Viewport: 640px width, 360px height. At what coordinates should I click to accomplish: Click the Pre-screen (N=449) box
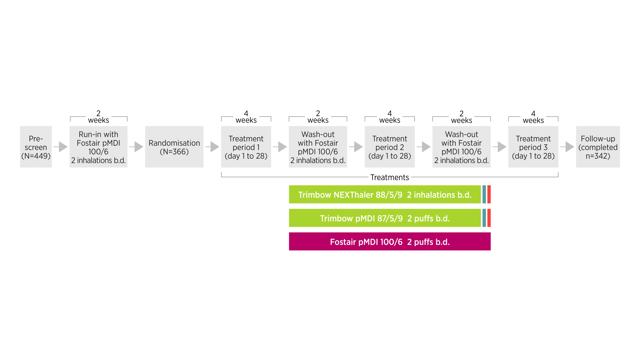pyautogui.click(x=36, y=147)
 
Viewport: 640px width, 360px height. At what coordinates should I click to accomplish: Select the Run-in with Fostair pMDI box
pyautogui.click(x=98, y=147)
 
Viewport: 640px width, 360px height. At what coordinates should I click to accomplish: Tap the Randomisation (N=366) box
pyautogui.click(x=174, y=147)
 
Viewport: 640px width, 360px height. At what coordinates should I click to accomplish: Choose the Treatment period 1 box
pyautogui.click(x=246, y=147)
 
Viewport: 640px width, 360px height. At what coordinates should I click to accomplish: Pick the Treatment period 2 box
pyautogui.click(x=390, y=147)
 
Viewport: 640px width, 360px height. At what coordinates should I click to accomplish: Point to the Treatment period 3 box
pyautogui.click(x=533, y=147)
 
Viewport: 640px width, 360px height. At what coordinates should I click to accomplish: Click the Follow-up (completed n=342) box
pyautogui.click(x=598, y=147)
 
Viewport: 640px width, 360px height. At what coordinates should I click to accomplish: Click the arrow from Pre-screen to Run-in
pyautogui.click(x=61, y=147)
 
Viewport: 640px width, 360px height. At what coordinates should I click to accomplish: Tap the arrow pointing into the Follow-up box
pyautogui.click(x=567, y=147)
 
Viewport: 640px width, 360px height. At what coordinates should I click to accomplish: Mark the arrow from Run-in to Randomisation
pyautogui.click(x=137, y=147)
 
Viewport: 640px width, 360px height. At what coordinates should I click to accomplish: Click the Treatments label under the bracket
pyautogui.click(x=390, y=177)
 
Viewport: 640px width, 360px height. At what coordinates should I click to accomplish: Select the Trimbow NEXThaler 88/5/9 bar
pyautogui.click(x=385, y=194)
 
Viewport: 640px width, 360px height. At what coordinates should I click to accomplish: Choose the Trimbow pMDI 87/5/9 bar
pyautogui.click(x=385, y=218)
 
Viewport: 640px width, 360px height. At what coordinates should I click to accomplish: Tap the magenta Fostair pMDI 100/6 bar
pyautogui.click(x=390, y=242)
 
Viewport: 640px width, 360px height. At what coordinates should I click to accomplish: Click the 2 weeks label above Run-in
pyautogui.click(x=98, y=117)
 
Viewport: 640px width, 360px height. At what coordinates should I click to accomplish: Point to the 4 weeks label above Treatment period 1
pyautogui.click(x=246, y=117)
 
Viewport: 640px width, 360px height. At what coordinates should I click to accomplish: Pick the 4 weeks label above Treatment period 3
pyautogui.click(x=533, y=117)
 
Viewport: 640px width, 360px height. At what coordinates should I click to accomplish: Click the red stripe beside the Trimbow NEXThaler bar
pyautogui.click(x=489, y=194)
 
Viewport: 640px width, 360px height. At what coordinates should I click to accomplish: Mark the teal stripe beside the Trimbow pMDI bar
pyautogui.click(x=484, y=218)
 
